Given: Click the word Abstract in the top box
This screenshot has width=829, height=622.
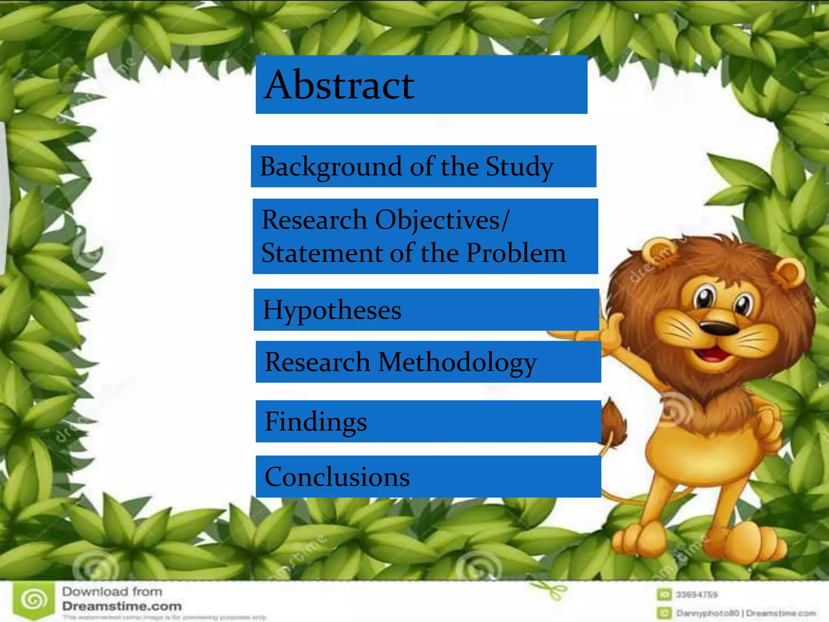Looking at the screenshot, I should tap(339, 85).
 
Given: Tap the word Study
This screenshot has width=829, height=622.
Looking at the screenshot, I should tap(519, 166).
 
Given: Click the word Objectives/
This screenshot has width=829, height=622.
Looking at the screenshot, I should tap(442, 220).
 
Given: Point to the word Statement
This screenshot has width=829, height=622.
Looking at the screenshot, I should tap(321, 253).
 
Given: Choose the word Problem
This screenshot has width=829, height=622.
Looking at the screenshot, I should tap(516, 253).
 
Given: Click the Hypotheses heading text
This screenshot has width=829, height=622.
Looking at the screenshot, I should tap(332, 310).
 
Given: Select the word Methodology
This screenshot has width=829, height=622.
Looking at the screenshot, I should tap(457, 362).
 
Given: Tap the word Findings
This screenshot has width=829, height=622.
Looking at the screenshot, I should tap(316, 422).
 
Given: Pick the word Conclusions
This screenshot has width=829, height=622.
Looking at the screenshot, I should tap(337, 477).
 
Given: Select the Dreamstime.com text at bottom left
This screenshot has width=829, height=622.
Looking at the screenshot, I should tap(122, 606).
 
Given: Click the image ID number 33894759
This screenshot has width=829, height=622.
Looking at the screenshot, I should tap(696, 594).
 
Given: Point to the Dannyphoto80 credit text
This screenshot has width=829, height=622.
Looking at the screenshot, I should tap(708, 613).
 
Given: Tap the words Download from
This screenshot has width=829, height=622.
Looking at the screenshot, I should tap(112, 592).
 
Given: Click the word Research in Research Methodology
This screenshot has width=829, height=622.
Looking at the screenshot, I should tap(317, 362).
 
